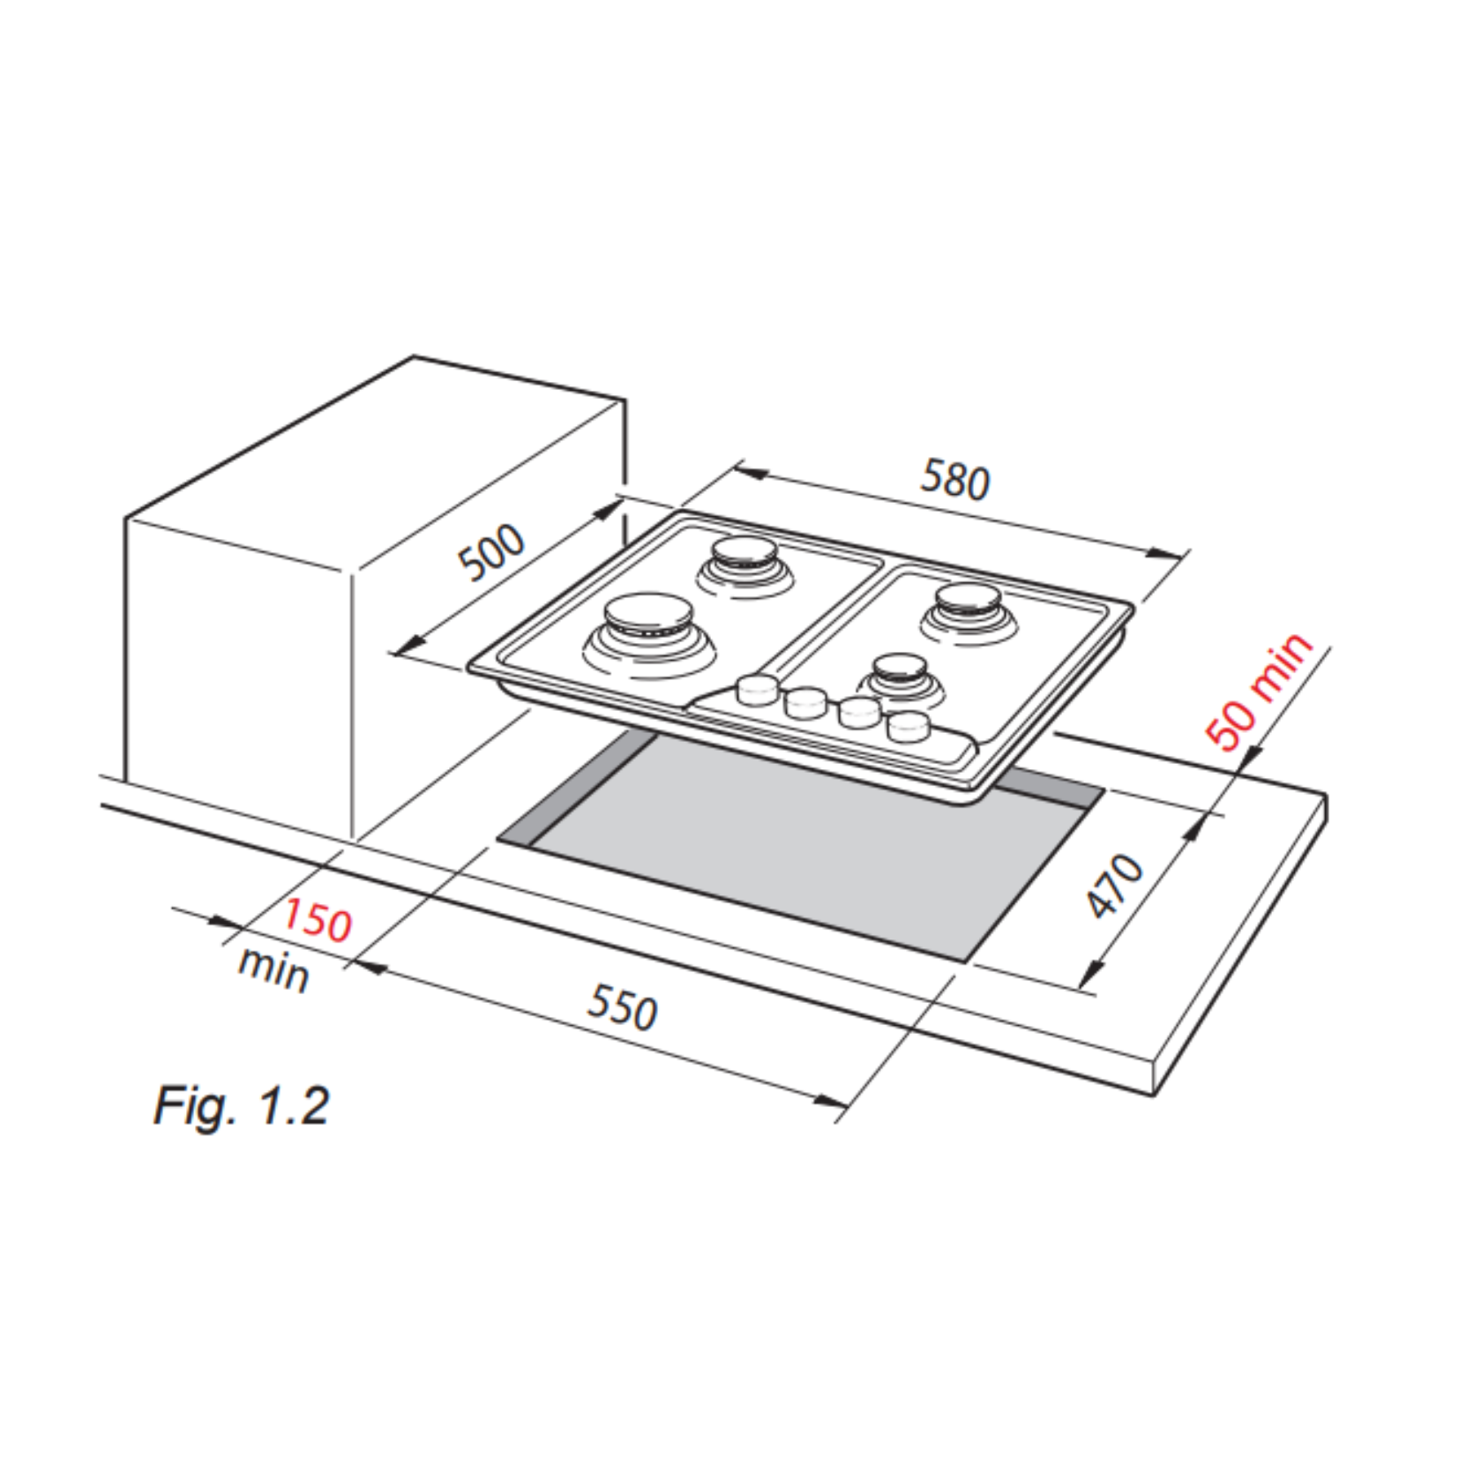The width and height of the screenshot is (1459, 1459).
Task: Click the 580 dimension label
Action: [955, 479]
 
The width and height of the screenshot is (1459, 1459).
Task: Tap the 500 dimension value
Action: [491, 552]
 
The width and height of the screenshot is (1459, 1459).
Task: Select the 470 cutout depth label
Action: [1115, 885]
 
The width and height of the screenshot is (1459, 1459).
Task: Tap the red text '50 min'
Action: [1260, 691]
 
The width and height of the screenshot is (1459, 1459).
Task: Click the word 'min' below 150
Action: [273, 968]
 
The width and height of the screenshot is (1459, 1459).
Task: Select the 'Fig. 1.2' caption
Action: [242, 1104]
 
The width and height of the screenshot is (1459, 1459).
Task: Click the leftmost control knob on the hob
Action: [756, 689]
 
